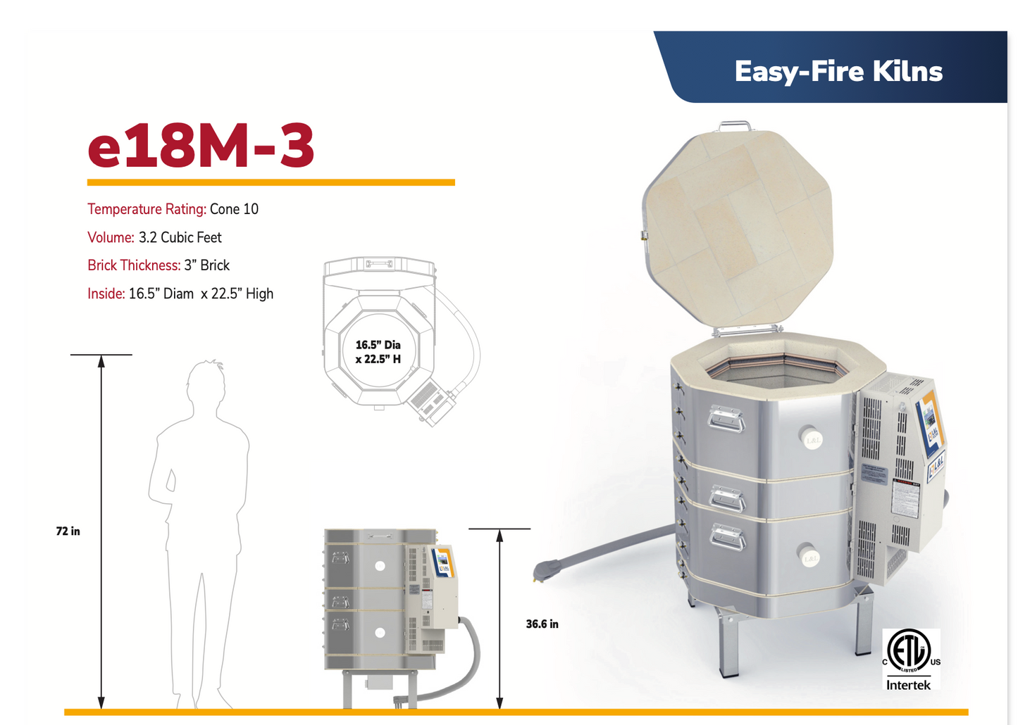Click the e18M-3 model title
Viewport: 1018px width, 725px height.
point(201,146)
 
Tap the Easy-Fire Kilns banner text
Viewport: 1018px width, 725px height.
point(838,71)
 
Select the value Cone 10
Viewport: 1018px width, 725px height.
point(234,209)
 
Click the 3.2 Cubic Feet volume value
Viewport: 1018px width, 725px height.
point(180,237)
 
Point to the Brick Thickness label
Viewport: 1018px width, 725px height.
point(134,265)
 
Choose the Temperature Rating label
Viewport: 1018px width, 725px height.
point(147,209)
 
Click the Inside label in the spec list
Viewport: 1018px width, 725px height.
point(106,294)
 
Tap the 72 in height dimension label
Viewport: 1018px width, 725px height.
point(68,531)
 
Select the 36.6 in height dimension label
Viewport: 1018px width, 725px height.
point(542,624)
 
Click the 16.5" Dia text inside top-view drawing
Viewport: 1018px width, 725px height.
point(378,345)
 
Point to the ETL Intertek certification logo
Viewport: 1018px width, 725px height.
point(910,660)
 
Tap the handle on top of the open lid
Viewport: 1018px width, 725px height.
point(734,126)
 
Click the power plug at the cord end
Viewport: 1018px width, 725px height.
point(546,569)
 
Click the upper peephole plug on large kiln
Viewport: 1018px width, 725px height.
point(812,439)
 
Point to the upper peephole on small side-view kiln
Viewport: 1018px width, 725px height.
point(380,566)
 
